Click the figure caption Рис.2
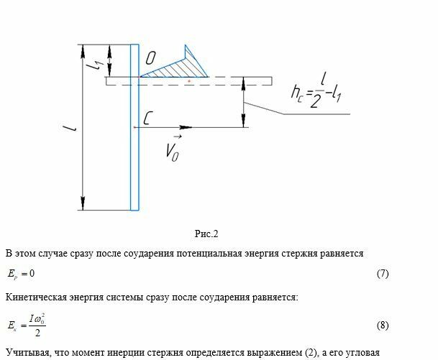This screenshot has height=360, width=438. tap(206, 234)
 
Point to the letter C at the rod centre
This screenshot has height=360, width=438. tap(147, 118)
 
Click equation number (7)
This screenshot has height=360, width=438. tap(383, 274)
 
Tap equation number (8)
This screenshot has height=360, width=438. tap(383, 326)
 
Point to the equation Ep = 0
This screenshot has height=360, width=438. tap(22, 274)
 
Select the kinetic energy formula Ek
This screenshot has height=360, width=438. tap(28, 326)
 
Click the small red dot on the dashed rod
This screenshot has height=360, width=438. tap(189, 82)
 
